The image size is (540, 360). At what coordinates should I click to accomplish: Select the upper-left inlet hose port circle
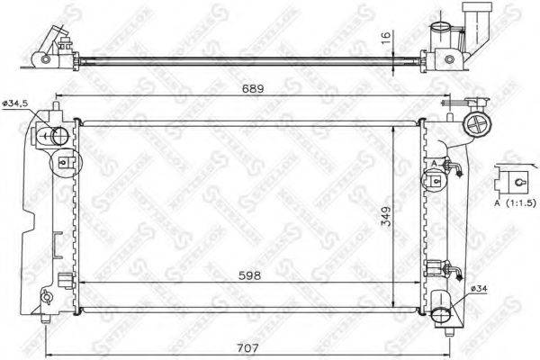point(56,138)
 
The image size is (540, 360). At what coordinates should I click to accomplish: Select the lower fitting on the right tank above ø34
point(440,267)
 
